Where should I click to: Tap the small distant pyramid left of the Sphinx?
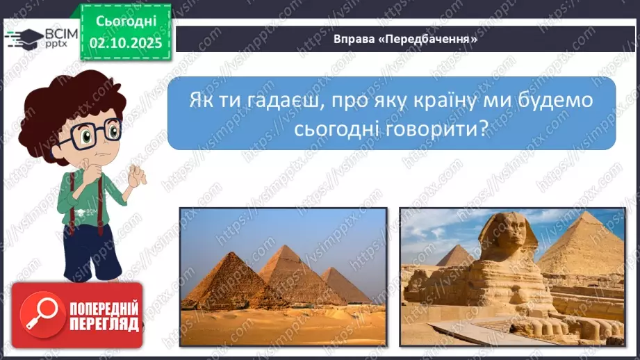[x=455, y=258]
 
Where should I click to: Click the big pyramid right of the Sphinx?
[x=584, y=247]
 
